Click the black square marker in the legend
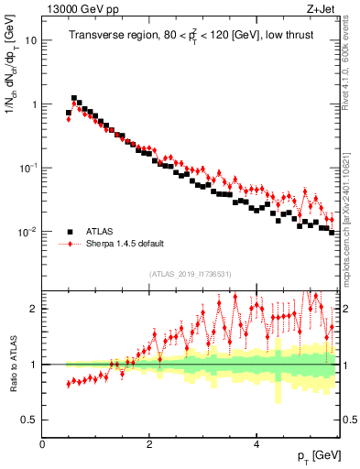pos(69,231)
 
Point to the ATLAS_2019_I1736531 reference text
pos(191,274)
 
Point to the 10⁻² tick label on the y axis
pos(27,232)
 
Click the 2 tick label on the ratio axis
pos(33,309)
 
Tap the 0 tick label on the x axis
pos(42,444)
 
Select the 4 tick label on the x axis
pos(256,444)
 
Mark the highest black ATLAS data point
pos(74,98)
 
